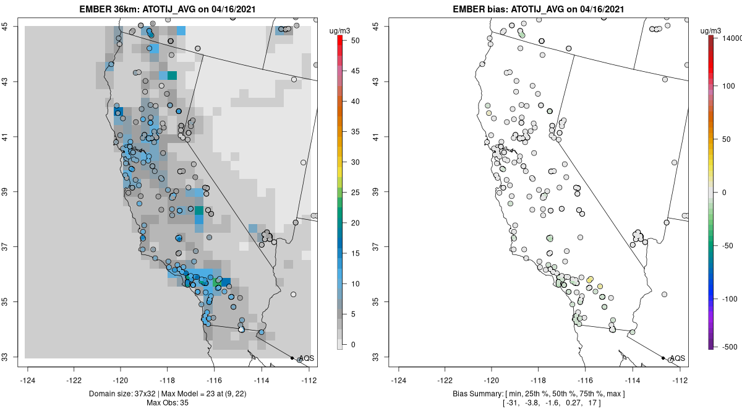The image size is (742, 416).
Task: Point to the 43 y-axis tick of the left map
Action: [12, 82]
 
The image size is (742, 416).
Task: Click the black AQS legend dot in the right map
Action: [662, 358]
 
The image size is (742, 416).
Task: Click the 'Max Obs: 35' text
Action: [168, 403]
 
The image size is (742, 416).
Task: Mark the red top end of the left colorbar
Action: [340, 39]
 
